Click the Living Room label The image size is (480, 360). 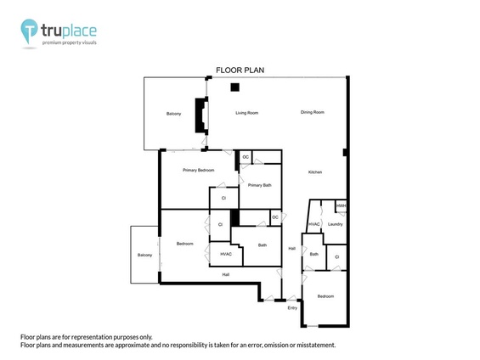[246, 112]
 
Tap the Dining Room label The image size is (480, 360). [313, 112]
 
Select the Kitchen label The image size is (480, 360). [314, 172]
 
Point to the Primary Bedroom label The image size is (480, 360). [199, 170]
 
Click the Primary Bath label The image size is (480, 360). [260, 185]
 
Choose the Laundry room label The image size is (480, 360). [335, 224]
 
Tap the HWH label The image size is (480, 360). [341, 205]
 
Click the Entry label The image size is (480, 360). [292, 307]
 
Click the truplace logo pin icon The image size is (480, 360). [31, 32]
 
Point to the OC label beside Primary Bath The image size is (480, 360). [246, 157]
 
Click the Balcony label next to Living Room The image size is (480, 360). [173, 114]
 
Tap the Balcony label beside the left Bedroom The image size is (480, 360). [144, 255]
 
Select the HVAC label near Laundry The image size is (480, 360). [313, 224]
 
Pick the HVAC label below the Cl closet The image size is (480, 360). [225, 254]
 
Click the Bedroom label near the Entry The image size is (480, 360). [325, 296]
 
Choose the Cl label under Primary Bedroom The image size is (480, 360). [223, 198]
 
